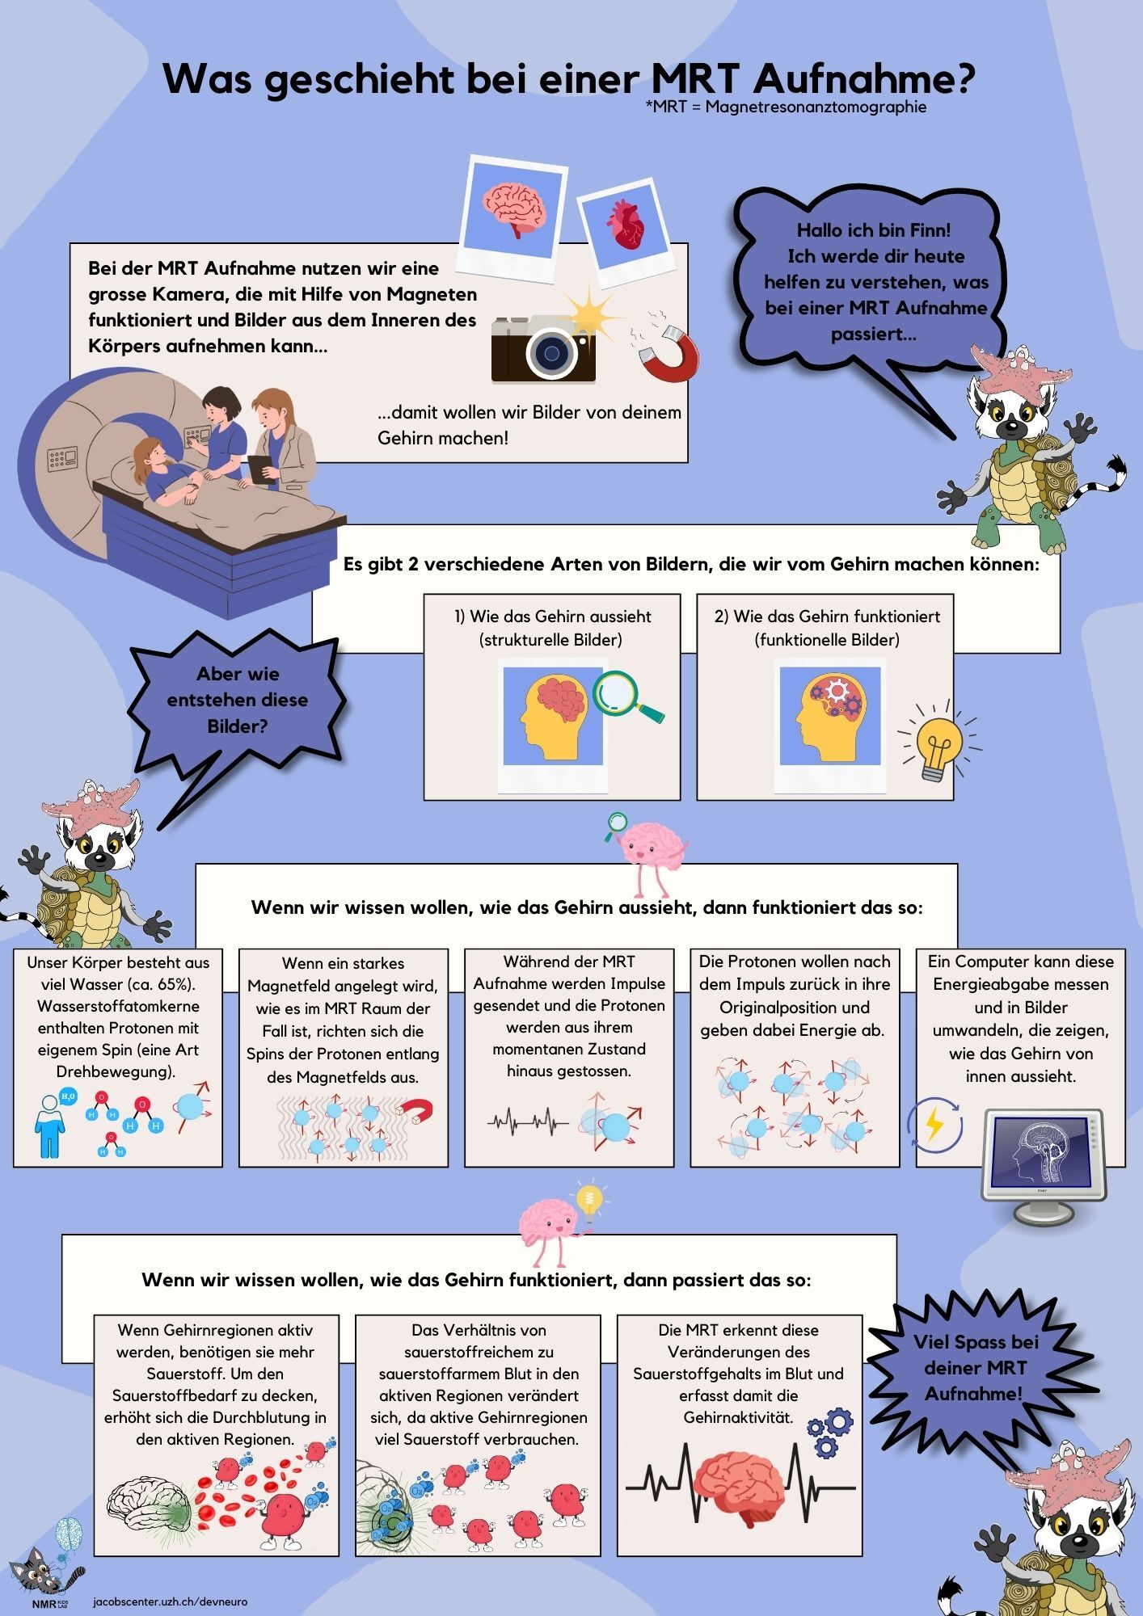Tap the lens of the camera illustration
click(552, 353)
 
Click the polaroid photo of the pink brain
click(514, 209)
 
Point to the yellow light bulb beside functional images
click(938, 745)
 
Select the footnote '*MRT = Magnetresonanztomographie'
click(786, 107)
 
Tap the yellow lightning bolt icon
click(934, 1124)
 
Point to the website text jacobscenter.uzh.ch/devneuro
click(171, 1601)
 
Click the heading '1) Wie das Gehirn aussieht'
click(552, 617)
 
